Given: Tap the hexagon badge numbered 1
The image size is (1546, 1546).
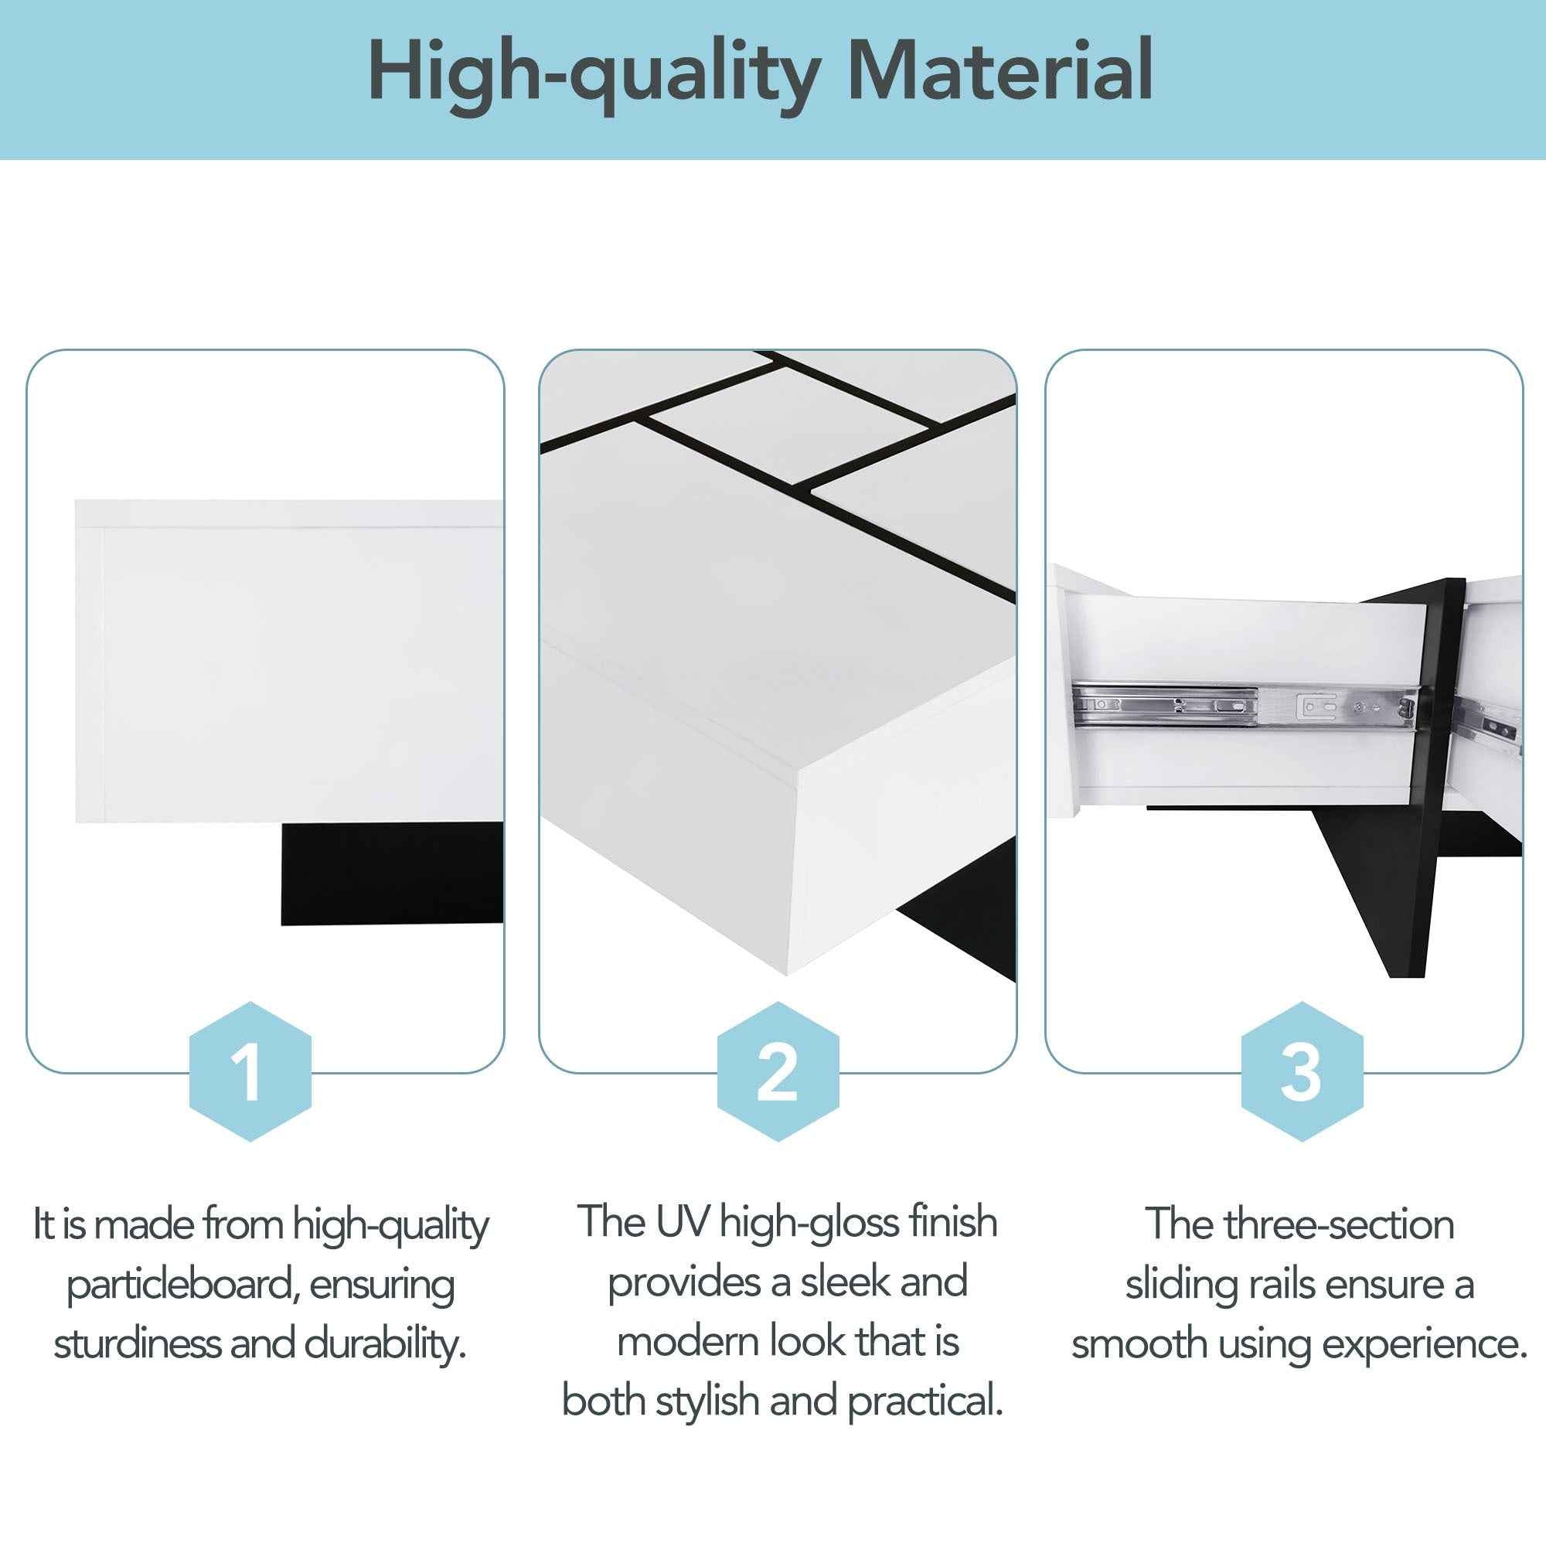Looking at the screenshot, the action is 250,1071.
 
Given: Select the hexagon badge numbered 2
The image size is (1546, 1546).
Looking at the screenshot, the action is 777,1071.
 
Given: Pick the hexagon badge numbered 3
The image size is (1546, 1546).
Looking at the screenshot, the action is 1301,1071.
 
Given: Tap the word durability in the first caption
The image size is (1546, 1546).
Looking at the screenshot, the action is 385,1343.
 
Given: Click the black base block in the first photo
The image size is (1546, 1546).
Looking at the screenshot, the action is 392,873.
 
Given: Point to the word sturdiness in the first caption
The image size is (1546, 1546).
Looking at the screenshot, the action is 137,1343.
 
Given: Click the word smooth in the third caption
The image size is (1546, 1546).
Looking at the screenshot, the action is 1139,1343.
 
